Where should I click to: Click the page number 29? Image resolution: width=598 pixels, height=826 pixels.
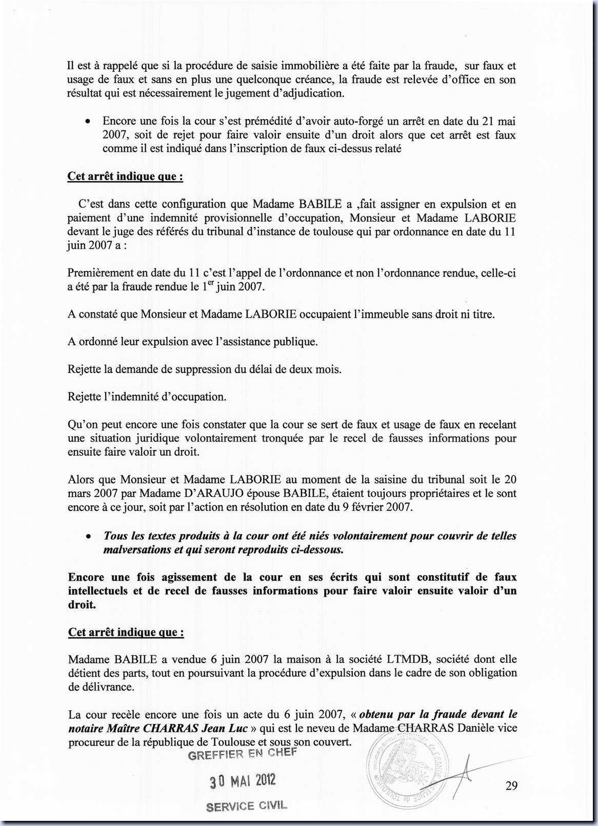click(x=511, y=786)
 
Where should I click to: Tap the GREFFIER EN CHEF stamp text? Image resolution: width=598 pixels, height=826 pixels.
click(x=242, y=754)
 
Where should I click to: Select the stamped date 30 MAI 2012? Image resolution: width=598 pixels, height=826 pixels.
click(x=242, y=781)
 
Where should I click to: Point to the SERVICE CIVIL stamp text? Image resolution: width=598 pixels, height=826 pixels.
click(x=247, y=806)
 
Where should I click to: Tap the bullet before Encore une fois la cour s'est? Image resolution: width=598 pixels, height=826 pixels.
click(x=89, y=122)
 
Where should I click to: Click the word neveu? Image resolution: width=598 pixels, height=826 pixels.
click(x=320, y=728)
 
